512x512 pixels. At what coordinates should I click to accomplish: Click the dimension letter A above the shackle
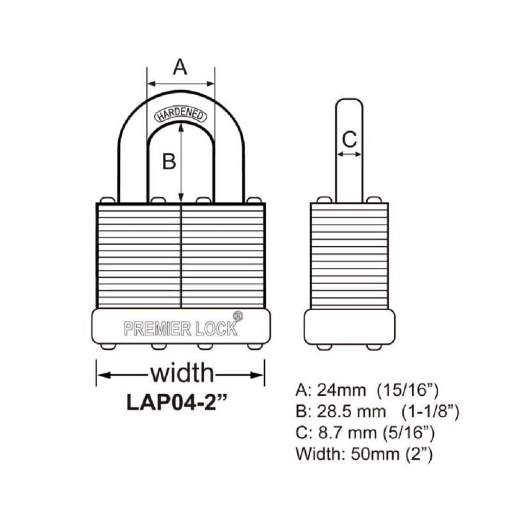(180, 67)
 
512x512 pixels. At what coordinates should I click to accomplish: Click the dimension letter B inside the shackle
(169, 162)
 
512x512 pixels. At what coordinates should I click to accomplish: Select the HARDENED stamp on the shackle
(181, 115)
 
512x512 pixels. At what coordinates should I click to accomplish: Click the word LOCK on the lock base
(217, 328)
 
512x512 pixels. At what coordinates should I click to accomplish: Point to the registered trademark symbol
(238, 316)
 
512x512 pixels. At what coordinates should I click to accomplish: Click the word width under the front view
(181, 373)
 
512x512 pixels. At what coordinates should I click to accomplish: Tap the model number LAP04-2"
(177, 401)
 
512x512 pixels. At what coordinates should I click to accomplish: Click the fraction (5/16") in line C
(409, 433)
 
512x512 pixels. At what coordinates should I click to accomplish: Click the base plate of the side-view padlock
(349, 327)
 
